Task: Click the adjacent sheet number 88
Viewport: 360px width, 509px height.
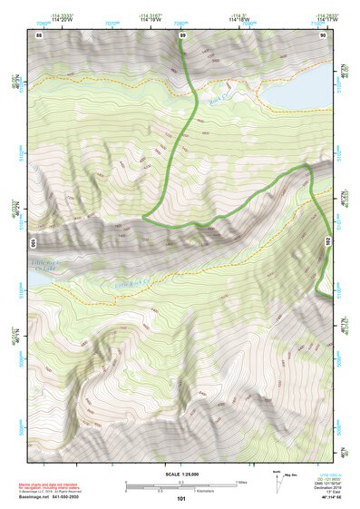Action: tap(39, 34)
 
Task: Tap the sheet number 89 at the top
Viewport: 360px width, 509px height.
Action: tap(182, 34)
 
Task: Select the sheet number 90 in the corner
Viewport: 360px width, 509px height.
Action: tap(323, 34)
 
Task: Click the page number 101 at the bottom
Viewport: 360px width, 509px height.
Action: tap(181, 499)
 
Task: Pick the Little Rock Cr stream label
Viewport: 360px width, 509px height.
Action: tap(131, 285)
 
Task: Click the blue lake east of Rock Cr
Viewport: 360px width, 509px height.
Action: tap(295, 94)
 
